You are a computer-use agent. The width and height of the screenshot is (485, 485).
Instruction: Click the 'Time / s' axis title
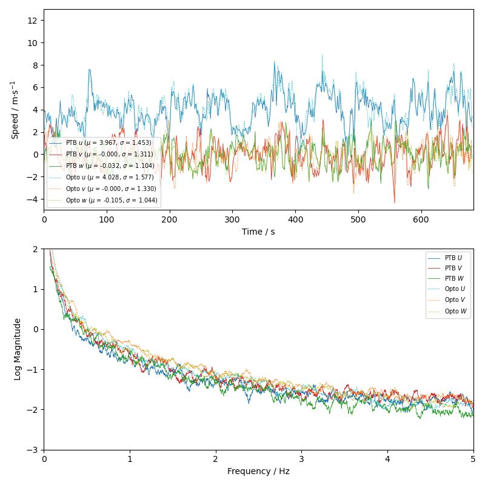[258, 232]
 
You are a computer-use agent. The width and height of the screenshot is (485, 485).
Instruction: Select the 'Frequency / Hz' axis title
[258, 471]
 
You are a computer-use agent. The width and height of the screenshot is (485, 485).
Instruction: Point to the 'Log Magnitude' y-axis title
[18, 349]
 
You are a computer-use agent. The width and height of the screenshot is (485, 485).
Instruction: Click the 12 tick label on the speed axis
[34, 20]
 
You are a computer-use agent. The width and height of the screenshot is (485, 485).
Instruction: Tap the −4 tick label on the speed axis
[32, 199]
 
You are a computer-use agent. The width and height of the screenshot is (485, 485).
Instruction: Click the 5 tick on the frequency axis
[473, 458]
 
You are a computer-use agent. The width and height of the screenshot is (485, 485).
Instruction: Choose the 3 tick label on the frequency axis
[301, 458]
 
